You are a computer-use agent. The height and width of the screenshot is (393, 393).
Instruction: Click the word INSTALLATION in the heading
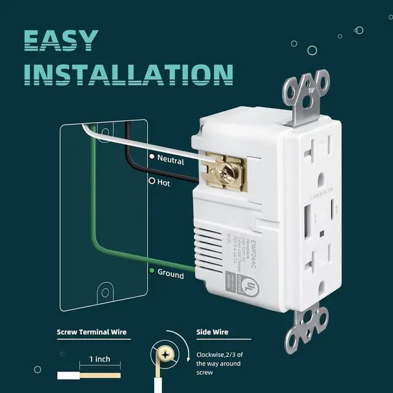click(129, 74)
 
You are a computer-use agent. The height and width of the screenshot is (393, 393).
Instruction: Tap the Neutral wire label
click(170, 158)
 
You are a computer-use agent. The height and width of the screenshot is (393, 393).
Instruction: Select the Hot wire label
click(163, 182)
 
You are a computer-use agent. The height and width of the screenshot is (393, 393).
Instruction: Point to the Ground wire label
click(170, 274)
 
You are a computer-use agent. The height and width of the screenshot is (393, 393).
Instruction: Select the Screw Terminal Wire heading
click(92, 333)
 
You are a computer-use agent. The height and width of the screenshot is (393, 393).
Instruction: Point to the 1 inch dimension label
click(99, 359)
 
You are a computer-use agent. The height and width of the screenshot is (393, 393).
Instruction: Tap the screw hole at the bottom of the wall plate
click(105, 294)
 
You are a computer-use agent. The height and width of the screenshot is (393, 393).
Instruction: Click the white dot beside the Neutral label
click(152, 157)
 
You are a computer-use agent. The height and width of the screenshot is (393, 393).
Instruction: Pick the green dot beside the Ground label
click(152, 270)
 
